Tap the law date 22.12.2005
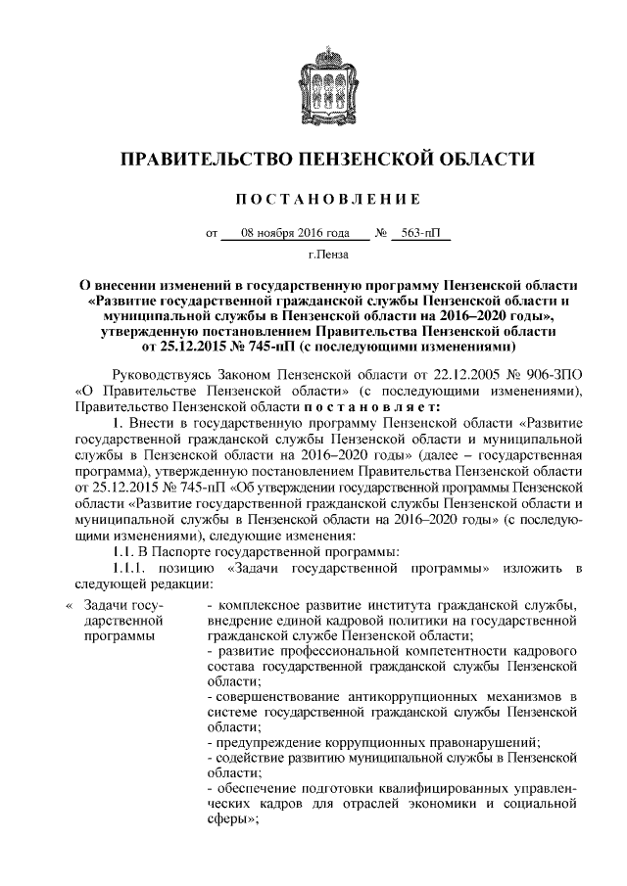tap(455, 375)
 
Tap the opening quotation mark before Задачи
tap(69, 604)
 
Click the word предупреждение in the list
tap(263, 742)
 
